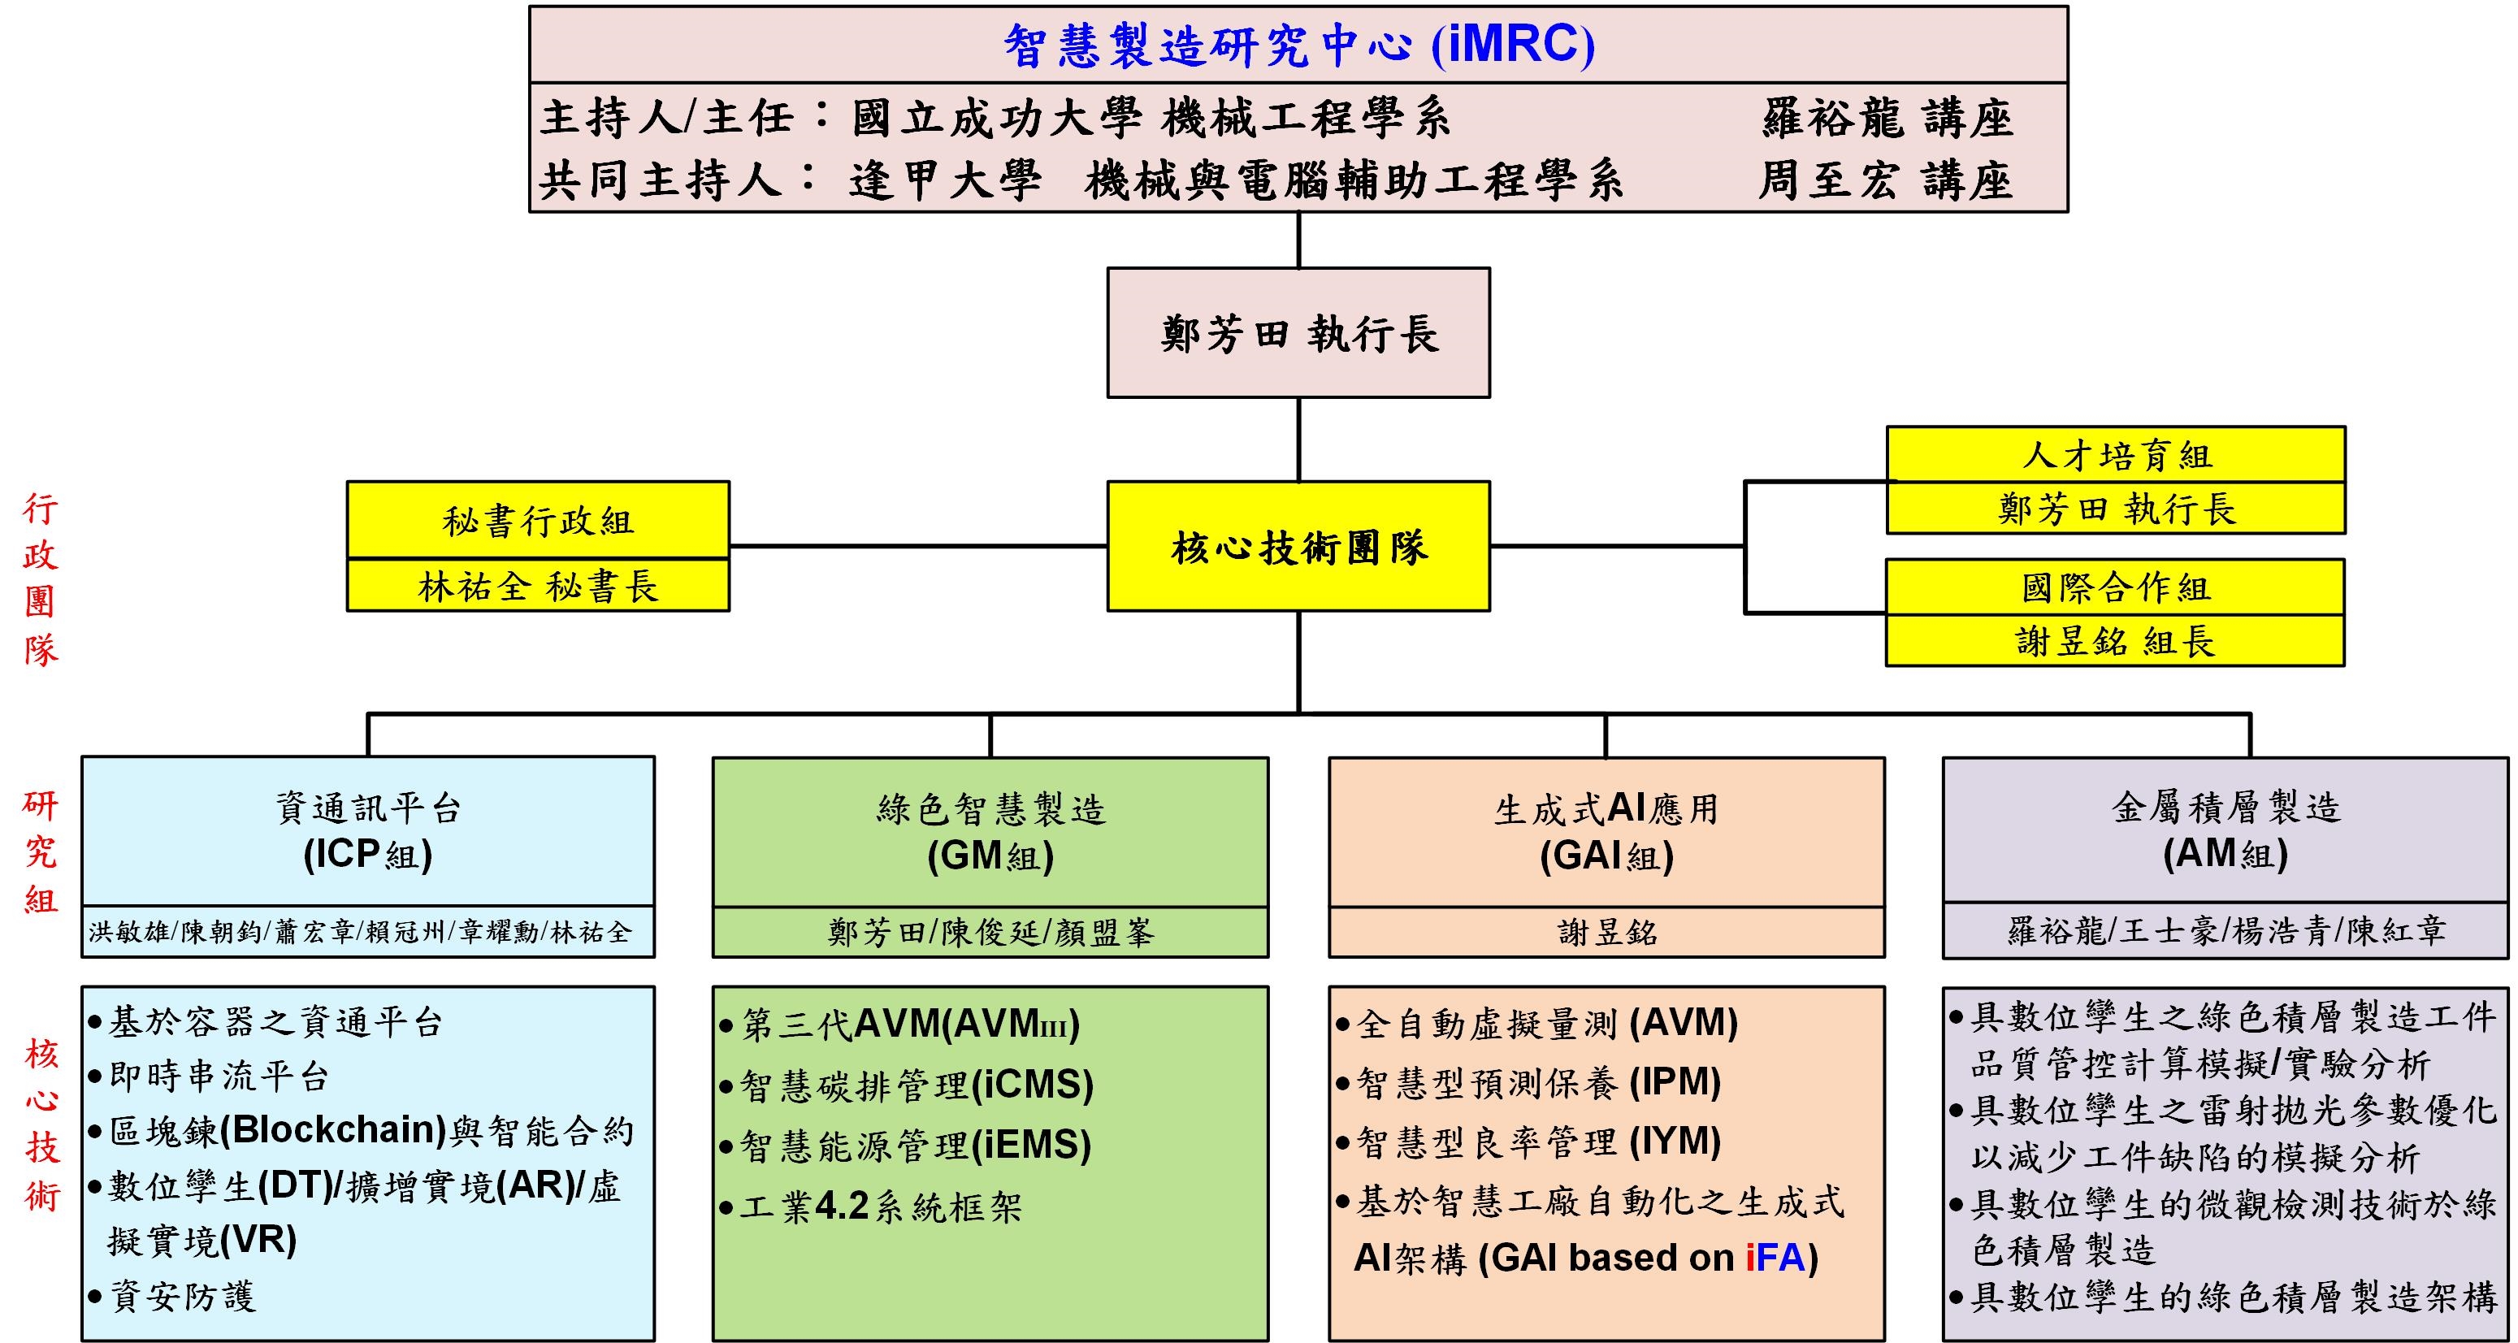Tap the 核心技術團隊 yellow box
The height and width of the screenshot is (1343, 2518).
coord(1298,548)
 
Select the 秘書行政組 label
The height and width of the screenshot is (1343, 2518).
coord(538,521)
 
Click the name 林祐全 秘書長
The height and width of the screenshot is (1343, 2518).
coord(538,587)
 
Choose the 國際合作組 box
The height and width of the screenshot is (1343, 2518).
coord(2115,587)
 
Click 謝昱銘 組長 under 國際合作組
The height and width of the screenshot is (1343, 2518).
coord(2115,641)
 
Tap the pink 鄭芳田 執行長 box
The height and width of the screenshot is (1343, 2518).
coord(1298,333)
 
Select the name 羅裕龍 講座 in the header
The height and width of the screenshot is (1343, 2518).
coord(1887,119)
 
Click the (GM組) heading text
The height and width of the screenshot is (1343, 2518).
coord(990,857)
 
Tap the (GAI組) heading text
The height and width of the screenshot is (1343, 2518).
coord(1606,857)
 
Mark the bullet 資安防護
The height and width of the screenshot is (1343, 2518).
coord(182,1297)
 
